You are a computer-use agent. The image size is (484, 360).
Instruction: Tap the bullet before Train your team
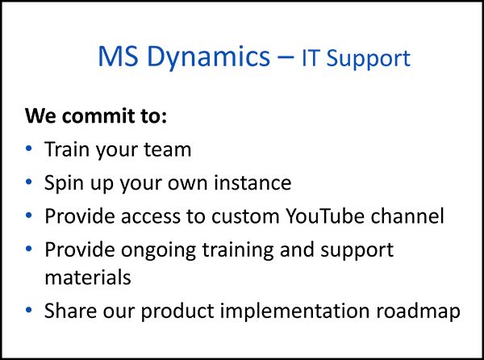(30, 149)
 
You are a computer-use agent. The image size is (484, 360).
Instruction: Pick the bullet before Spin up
(30, 183)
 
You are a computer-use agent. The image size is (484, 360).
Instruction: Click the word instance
(253, 183)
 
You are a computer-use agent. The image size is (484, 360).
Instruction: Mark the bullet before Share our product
(30, 310)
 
